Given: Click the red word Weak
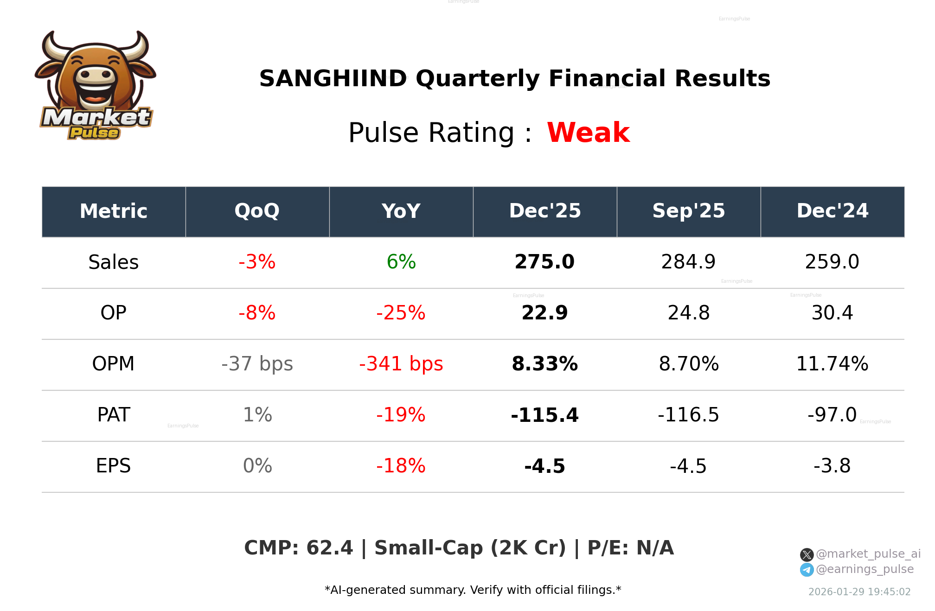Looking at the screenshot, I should coord(588,133).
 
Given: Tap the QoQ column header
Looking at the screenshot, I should coord(257,211).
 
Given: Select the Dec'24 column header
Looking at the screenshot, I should coord(832,211).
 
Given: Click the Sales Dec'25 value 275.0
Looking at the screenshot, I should coord(544,262).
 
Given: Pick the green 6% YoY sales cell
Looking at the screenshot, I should coord(401,262).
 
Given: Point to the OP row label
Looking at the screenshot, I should coord(113,313).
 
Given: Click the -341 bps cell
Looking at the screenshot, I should coord(401,364).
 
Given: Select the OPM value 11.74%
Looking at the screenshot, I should coord(832,364).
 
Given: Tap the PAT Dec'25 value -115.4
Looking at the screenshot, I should coord(544,415).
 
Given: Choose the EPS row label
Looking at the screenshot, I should coord(113,466).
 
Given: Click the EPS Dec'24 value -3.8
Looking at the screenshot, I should coord(832,466).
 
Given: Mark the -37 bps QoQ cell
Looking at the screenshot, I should coord(257,364).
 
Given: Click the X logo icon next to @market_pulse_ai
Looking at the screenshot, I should coord(807,554).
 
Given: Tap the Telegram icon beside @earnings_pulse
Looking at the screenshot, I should coord(807,570).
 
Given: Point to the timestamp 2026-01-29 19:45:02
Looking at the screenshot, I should coord(859,592).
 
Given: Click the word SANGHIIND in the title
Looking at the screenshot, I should coord(333,78).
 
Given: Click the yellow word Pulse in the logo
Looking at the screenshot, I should coord(94,133).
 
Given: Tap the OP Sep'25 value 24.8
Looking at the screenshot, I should coord(688,313).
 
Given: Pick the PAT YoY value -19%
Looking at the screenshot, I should coord(401,415).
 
